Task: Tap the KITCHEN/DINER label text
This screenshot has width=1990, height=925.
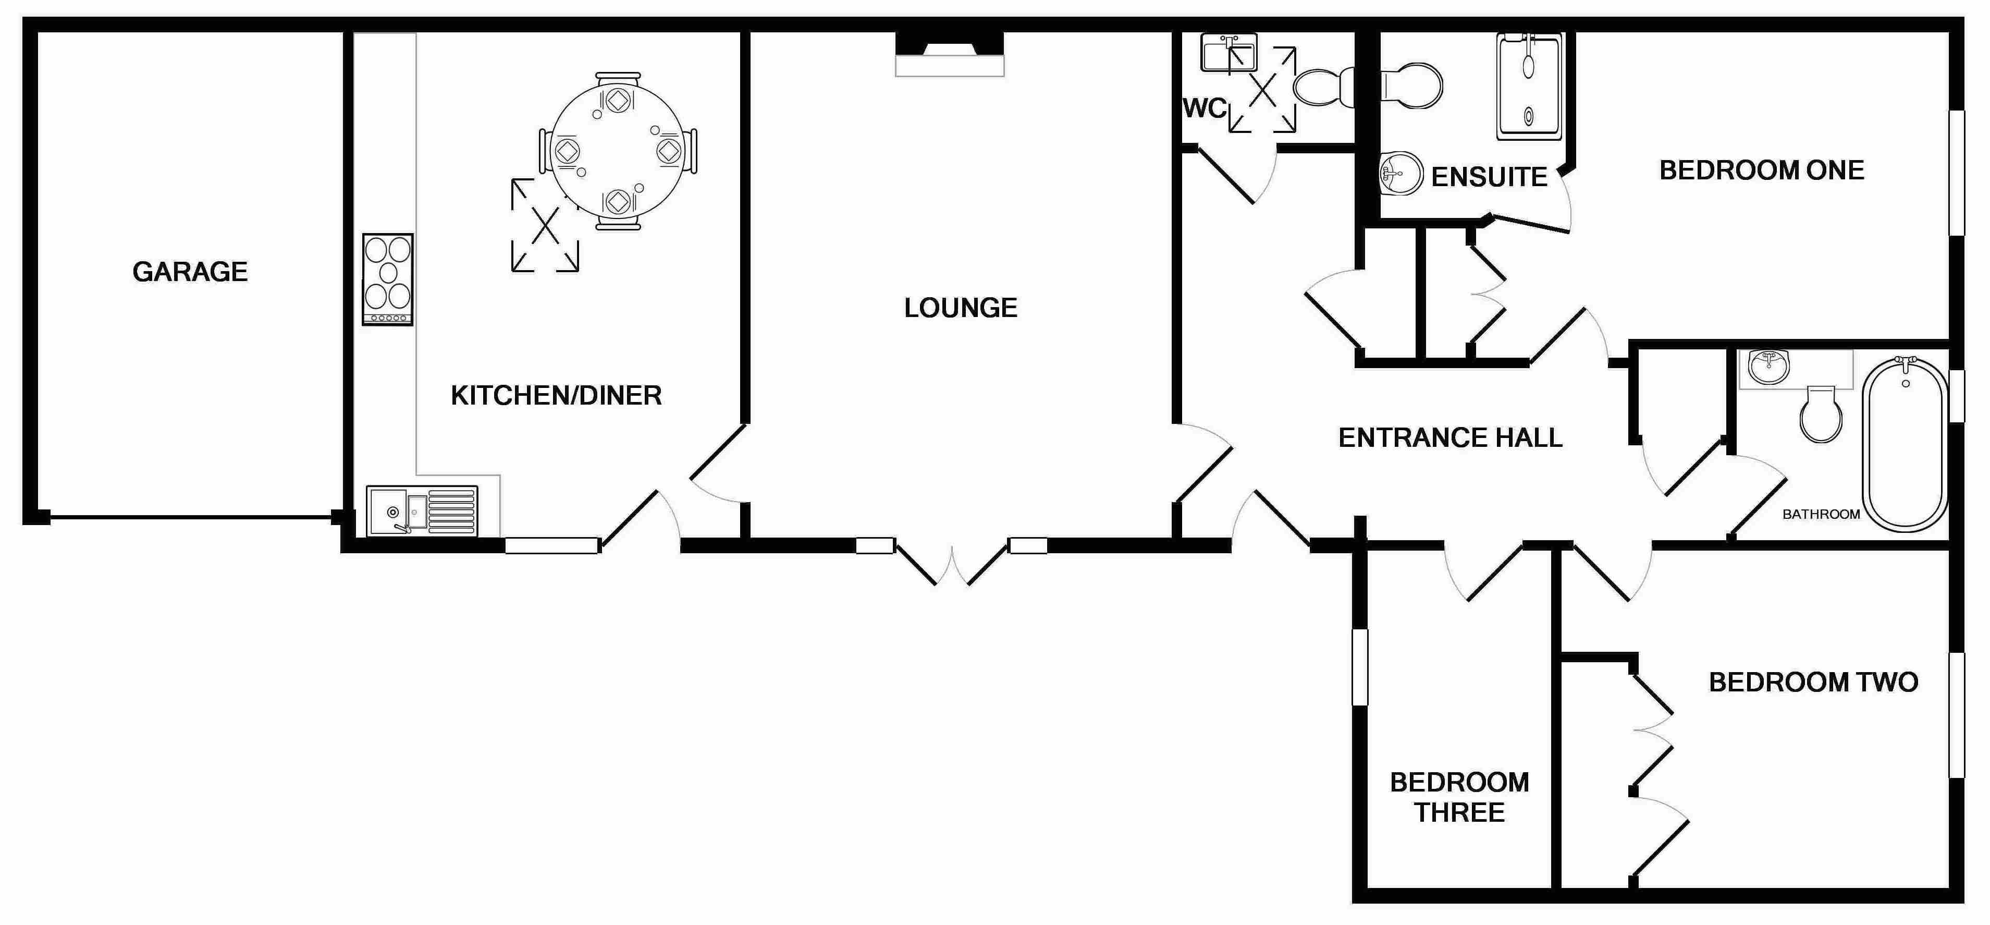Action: coord(556,396)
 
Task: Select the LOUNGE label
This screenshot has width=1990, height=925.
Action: coord(960,308)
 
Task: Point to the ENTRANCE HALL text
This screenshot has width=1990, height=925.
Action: coord(1450,438)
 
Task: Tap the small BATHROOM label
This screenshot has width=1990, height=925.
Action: coord(1821,515)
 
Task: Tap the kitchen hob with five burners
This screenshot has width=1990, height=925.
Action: coord(388,279)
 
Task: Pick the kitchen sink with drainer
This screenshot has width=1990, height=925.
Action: coord(422,510)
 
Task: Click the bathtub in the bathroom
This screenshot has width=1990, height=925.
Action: coord(1905,444)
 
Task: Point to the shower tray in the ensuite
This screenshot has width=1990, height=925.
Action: coord(1529,87)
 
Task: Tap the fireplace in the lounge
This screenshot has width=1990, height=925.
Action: coord(950,54)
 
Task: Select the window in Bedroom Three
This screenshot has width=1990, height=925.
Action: coord(1360,667)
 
